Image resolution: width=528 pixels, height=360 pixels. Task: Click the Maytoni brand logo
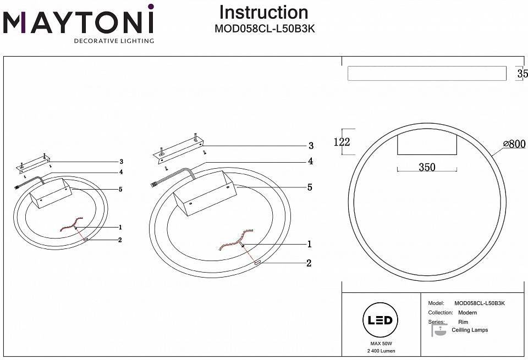coord(79,23)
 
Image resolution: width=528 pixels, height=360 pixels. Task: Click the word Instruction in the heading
coord(263,13)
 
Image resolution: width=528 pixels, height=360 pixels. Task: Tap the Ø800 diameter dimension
coord(514,144)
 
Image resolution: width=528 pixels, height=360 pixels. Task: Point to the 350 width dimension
coord(427,167)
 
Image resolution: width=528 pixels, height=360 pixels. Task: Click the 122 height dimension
coord(342,141)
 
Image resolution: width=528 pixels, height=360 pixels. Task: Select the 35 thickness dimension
coord(522,74)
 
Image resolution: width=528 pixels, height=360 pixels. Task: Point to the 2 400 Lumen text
coord(379,351)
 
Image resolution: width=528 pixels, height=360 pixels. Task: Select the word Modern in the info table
coord(468,313)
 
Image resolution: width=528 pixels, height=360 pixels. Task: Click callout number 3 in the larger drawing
coord(311,146)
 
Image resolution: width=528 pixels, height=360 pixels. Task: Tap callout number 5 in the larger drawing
coord(310,187)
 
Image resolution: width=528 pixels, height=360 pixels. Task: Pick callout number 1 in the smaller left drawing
coord(119,227)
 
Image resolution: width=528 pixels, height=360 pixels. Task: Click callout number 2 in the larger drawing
coord(309,263)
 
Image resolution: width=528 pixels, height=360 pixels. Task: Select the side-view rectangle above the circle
coord(427,74)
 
